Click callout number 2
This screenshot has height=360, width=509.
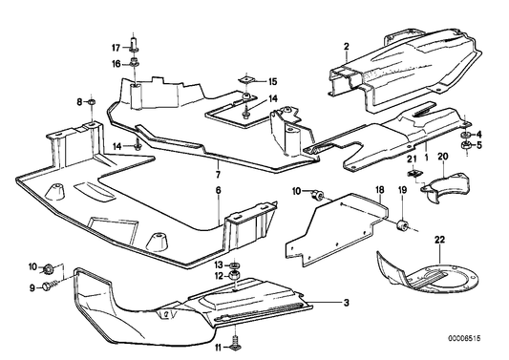pyautogui.click(x=348, y=46)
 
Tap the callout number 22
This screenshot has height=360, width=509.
pyautogui.click(x=439, y=239)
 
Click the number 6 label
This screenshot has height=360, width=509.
pyautogui.click(x=218, y=192)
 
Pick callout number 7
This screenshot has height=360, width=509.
pyautogui.click(x=218, y=176)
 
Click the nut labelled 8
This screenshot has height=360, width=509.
pyautogui.click(x=90, y=100)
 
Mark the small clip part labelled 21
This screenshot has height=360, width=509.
pyautogui.click(x=415, y=174)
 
